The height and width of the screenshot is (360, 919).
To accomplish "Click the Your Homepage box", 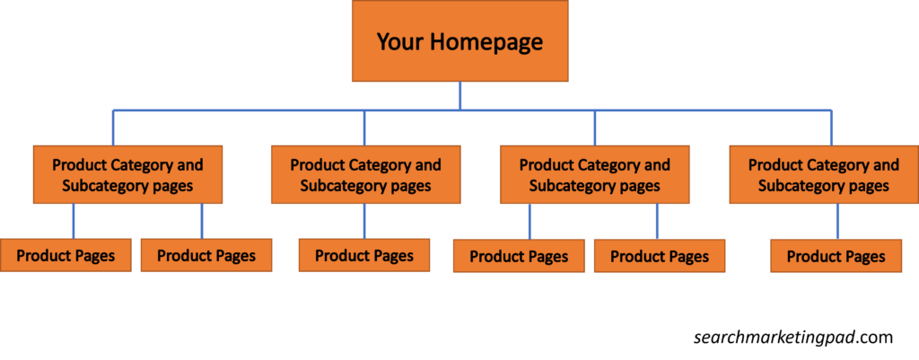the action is (460, 40).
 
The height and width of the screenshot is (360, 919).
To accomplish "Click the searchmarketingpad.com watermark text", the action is (793, 338).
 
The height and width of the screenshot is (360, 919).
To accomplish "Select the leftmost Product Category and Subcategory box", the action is (127, 175).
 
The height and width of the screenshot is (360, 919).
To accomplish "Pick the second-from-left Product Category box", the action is (366, 175).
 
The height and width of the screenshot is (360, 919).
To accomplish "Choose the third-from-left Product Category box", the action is (595, 175).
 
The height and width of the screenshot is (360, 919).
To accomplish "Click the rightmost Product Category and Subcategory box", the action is (824, 175).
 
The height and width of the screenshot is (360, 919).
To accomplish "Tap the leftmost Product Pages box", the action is (66, 255).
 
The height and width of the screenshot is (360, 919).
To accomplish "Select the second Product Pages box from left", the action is (206, 255).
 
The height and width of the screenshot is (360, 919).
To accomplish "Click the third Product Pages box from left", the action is (364, 255).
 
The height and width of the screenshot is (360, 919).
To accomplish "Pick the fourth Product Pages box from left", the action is (519, 256).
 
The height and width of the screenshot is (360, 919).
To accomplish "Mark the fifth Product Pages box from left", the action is (660, 256).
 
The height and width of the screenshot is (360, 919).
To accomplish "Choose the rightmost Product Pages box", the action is (836, 256).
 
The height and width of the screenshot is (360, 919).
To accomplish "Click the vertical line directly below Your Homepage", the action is (460, 95).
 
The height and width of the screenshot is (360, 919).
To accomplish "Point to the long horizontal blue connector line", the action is (472, 110).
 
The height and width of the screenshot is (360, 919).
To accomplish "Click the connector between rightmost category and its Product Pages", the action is (837, 221).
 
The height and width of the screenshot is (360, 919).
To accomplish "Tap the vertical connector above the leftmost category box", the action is (113, 127).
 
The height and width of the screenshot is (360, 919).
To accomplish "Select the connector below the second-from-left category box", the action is (364, 221).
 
